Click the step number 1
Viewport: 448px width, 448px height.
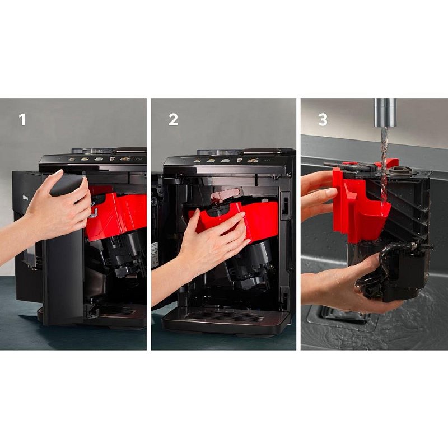(x=22, y=120)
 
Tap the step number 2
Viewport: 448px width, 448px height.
(x=173, y=120)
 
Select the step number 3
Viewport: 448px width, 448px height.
(x=323, y=120)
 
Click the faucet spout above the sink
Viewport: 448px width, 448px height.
(x=385, y=113)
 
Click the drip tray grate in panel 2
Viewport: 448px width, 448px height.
(x=223, y=316)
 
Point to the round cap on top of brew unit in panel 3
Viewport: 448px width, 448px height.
(x=399, y=171)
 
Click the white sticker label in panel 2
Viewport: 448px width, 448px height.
(x=155, y=255)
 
